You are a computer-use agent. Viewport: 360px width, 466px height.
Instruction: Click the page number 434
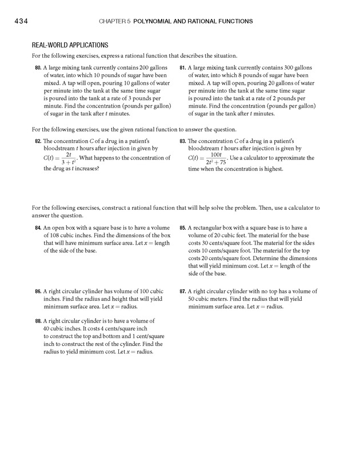(14, 22)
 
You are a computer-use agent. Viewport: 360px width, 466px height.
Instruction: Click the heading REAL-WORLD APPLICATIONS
(70, 45)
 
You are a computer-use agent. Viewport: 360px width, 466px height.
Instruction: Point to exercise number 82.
(38, 141)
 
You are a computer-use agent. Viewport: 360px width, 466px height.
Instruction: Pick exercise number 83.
(183, 141)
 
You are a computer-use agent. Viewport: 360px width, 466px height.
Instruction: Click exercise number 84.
(38, 228)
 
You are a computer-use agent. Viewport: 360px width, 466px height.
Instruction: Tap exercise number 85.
(183, 228)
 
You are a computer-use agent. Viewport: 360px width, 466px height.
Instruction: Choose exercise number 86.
(38, 291)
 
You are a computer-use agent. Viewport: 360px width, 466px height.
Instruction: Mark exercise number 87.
(183, 291)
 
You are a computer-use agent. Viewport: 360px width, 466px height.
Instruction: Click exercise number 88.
(38, 321)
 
